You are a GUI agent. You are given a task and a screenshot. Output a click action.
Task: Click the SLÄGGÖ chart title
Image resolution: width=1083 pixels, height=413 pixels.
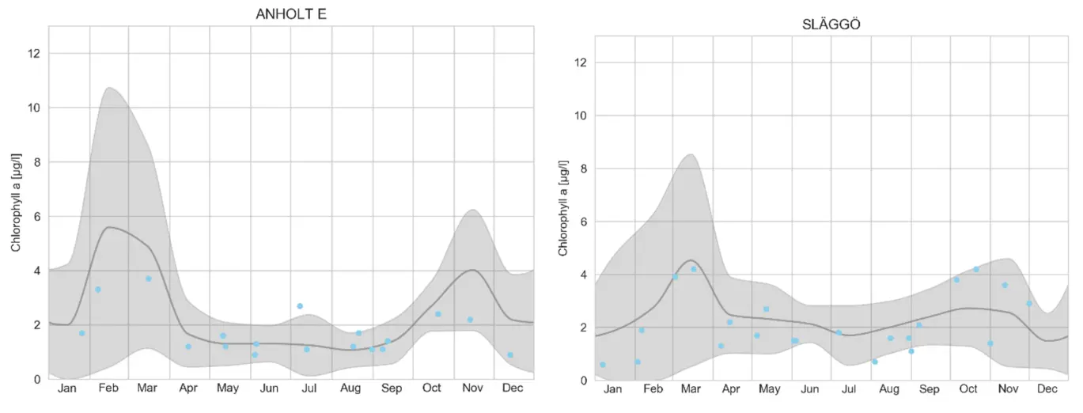click(x=831, y=24)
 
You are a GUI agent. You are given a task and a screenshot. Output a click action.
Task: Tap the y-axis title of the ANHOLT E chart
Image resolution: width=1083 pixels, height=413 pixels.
click(x=16, y=203)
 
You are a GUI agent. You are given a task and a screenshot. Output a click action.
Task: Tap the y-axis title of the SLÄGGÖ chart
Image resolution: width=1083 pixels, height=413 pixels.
click(x=563, y=207)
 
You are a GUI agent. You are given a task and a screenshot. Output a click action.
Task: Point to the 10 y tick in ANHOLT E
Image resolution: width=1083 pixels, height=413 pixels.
click(x=35, y=108)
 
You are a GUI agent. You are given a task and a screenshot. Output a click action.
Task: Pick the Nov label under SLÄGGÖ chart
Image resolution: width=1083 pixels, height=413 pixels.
click(x=1008, y=389)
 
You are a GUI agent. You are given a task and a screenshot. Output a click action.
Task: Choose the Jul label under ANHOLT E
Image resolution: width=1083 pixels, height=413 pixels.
click(x=309, y=388)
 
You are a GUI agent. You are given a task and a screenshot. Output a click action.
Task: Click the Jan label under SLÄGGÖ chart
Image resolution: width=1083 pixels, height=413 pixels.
click(x=613, y=389)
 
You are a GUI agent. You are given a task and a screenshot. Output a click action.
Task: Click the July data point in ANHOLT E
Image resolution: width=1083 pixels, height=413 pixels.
click(x=300, y=305)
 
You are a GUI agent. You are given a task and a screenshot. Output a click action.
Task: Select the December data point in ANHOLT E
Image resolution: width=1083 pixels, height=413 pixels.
click(x=510, y=354)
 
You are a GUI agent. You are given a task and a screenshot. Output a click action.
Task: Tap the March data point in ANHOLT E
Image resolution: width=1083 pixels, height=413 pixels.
click(x=148, y=278)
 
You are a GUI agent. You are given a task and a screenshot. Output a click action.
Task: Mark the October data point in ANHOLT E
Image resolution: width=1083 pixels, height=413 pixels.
click(x=437, y=314)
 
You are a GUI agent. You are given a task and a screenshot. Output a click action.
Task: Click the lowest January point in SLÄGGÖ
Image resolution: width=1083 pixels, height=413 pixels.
click(x=603, y=364)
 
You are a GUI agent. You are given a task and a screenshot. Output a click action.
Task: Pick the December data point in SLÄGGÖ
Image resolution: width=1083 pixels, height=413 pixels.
click(x=1029, y=303)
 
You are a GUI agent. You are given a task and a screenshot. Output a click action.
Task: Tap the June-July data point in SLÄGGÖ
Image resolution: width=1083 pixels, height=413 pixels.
click(x=839, y=332)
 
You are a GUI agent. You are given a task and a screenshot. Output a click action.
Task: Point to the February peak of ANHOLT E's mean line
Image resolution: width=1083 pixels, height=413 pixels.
click(x=108, y=227)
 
